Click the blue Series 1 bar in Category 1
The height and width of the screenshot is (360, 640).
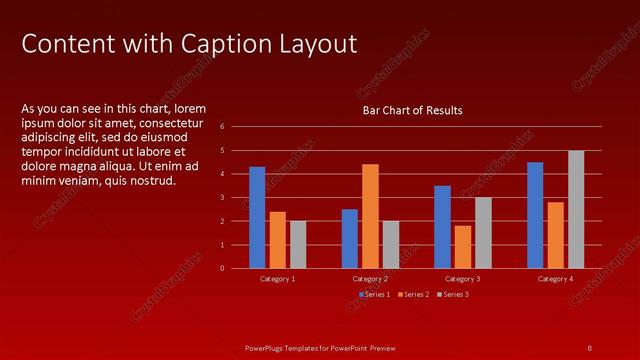(x=257, y=217)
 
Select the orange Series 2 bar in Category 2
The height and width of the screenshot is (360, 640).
(x=370, y=216)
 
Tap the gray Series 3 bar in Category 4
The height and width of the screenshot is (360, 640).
(x=576, y=209)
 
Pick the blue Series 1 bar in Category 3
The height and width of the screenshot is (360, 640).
(x=442, y=227)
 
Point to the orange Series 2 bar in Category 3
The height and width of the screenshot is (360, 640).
(x=462, y=247)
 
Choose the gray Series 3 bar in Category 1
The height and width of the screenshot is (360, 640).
(x=298, y=244)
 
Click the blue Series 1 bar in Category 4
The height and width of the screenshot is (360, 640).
(x=535, y=215)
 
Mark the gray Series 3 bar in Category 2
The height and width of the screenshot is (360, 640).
(x=390, y=244)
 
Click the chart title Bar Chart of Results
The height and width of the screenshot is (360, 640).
(x=412, y=111)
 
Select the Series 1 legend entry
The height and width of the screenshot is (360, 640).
(x=375, y=294)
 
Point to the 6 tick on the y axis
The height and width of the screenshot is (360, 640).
(x=236, y=127)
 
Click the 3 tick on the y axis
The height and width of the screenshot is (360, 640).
(x=236, y=197)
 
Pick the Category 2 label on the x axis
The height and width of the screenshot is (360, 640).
(x=370, y=279)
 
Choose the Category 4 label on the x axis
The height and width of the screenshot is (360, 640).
(x=555, y=279)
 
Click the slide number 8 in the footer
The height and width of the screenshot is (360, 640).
(x=589, y=347)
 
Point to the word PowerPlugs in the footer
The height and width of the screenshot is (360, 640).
(x=267, y=347)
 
